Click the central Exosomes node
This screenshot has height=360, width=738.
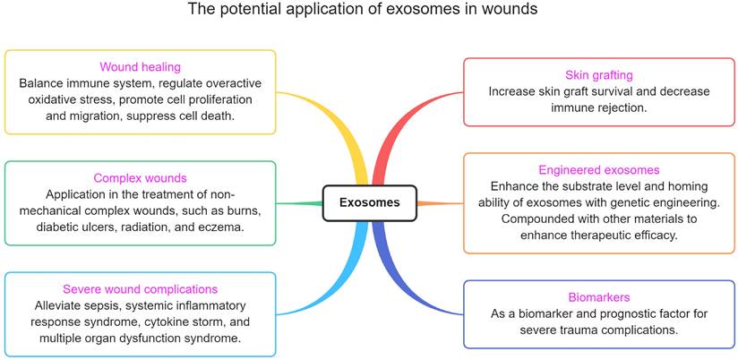[369, 203]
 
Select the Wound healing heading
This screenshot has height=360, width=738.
[141, 67]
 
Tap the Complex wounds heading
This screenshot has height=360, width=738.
[140, 178]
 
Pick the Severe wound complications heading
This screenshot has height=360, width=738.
[140, 289]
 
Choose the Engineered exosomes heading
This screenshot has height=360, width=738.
[599, 170]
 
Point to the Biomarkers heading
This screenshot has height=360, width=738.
[599, 297]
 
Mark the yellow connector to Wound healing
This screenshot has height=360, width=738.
[352, 152]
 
